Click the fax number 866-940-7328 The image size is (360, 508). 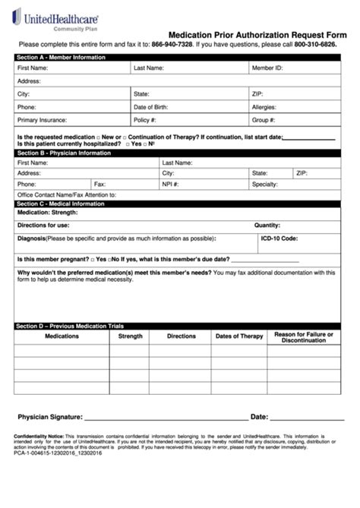[172, 45]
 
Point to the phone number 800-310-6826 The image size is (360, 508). [315, 45]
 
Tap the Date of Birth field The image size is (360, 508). [205, 107]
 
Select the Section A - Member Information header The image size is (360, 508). [62, 57]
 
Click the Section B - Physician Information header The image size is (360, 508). [65, 153]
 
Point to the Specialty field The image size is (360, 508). [311, 184]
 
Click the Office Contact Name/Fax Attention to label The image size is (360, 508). [67, 194]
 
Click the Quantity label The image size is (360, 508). [267, 225]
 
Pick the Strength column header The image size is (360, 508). [130, 336]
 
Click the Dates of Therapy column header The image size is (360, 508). [239, 336]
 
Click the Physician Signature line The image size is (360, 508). [166, 417]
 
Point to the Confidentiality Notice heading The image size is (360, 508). [39, 436]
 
